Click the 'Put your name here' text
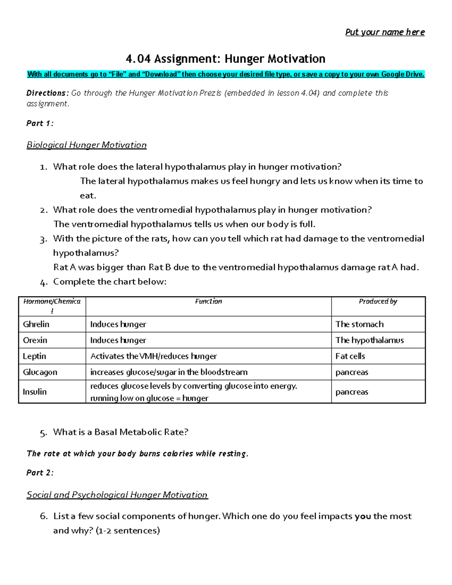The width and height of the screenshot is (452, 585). [385, 32]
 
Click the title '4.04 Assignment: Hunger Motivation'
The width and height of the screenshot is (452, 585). [226, 59]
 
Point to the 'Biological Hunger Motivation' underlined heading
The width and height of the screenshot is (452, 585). [86, 145]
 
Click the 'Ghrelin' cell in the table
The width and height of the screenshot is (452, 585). [36, 324]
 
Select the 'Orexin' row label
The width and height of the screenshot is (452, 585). [35, 340]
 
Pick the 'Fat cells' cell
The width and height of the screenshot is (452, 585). [350, 356]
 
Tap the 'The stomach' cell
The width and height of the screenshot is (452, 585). [359, 324]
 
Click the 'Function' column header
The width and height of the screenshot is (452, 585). [208, 301]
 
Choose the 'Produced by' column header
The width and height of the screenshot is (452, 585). [378, 301]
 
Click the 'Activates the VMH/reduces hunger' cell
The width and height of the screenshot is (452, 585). [153, 356]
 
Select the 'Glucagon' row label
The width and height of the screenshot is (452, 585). [40, 372]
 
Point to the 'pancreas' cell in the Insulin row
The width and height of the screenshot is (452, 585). [351, 392]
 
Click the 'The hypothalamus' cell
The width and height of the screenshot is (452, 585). [369, 340]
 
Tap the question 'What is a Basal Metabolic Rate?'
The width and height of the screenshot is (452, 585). [121, 432]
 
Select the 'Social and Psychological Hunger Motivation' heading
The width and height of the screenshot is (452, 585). [117, 495]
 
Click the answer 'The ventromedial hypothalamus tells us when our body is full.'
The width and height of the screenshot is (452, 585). [184, 224]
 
